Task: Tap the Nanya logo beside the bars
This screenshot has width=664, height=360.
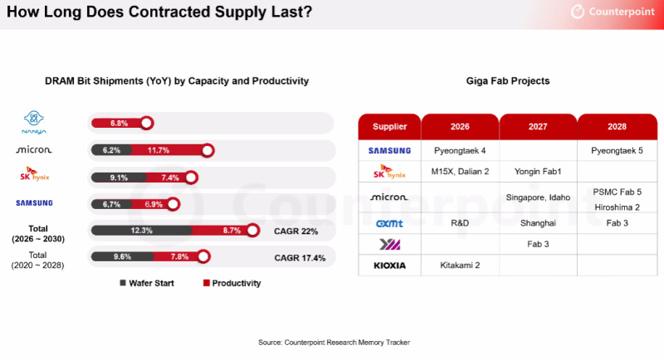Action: pos(35,124)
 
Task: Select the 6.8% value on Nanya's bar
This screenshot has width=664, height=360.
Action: pos(120,124)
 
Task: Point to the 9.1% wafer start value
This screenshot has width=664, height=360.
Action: pos(119,177)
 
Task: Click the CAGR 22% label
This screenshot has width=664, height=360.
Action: pos(297,231)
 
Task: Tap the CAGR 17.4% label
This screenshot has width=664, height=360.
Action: pos(300,258)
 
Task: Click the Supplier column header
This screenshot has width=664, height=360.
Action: pos(389,127)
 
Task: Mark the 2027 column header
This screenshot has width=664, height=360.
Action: pos(538,127)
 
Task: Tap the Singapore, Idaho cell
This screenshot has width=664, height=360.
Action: pos(538,197)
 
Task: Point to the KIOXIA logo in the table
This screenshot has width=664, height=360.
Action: pos(388,266)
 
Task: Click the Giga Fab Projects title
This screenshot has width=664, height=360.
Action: pos(508,81)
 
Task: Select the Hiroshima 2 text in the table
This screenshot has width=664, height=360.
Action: pos(618,205)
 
